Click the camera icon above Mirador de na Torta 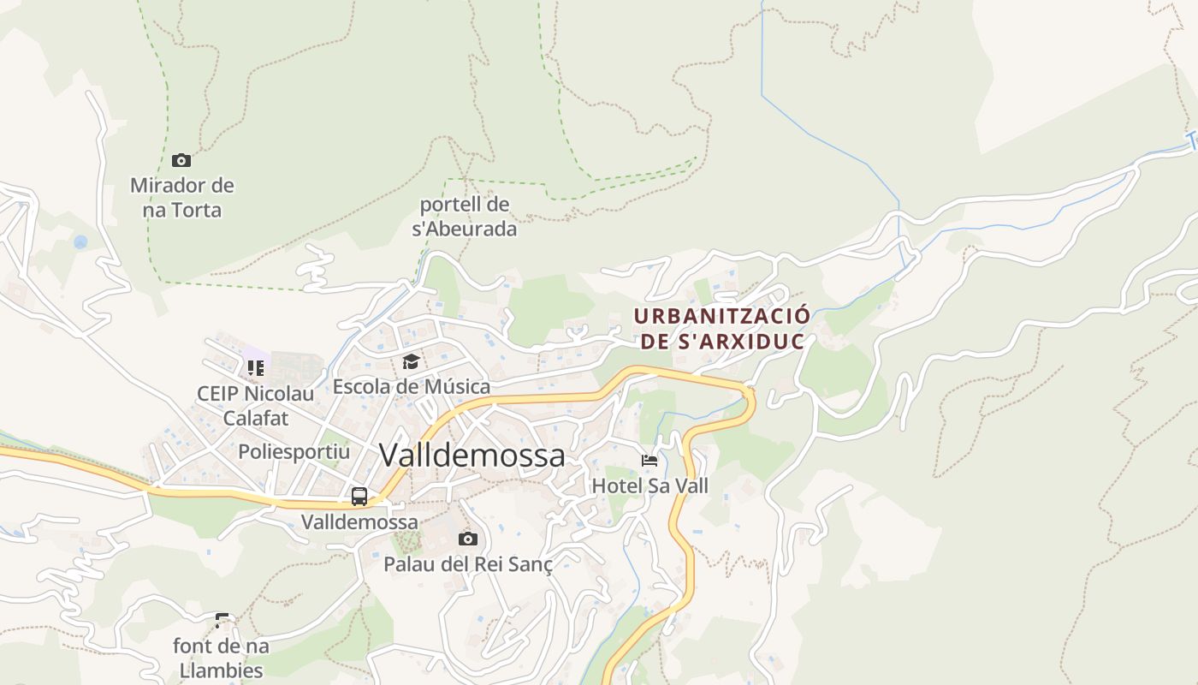[x=181, y=160]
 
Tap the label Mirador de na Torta [x=182, y=198]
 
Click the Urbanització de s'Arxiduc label [x=722, y=329]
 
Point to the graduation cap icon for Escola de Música [x=411, y=362]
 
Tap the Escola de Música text [x=412, y=387]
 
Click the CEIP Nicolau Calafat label [x=255, y=406]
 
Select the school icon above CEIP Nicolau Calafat [x=255, y=368]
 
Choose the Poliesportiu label [x=294, y=451]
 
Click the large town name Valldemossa [x=471, y=456]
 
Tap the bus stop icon [x=359, y=497]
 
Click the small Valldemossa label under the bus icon [x=359, y=521]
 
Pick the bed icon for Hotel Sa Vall [x=649, y=461]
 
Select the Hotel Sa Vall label [x=650, y=486]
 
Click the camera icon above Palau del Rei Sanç [x=467, y=539]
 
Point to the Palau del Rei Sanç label [x=467, y=564]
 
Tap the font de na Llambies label [x=221, y=658]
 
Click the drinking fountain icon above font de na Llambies [x=222, y=620]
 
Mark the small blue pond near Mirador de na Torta [x=80, y=242]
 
